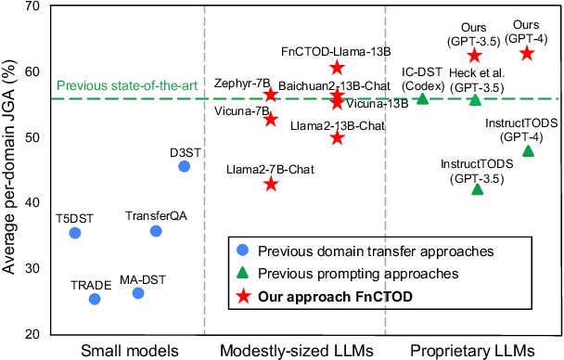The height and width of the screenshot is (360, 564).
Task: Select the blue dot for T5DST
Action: coord(75,233)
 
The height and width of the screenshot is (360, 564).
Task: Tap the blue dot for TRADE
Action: coord(94,299)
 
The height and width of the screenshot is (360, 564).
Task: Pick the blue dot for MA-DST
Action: coord(138,293)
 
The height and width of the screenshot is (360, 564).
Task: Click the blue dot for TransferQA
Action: coord(156,230)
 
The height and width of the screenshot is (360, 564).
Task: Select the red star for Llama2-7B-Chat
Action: coord(271,184)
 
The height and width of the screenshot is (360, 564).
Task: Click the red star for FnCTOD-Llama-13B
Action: coord(337,68)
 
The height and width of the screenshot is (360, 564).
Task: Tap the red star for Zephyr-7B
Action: coord(271,95)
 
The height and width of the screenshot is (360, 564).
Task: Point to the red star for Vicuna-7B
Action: coord(271,119)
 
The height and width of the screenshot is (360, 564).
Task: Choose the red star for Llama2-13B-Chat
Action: coord(337,137)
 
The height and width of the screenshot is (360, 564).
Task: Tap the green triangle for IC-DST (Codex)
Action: coord(423,98)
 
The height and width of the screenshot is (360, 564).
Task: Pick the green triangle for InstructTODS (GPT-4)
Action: coord(528,150)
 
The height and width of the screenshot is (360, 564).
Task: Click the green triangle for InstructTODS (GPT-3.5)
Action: coord(478,188)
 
